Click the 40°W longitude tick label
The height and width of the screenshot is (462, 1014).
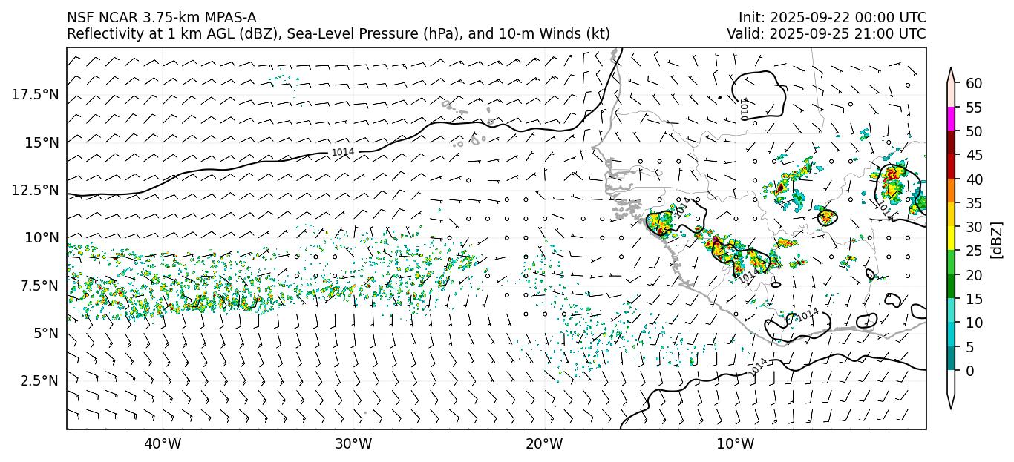[x=162, y=444]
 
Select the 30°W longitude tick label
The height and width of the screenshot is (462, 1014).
[x=353, y=444]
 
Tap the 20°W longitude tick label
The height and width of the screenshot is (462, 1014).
[x=544, y=444]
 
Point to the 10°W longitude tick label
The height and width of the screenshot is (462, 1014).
[x=736, y=444]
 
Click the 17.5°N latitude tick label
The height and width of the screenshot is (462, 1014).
[x=36, y=94]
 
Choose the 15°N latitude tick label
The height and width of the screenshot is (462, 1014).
[x=42, y=142]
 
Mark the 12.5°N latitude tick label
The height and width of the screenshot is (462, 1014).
[x=36, y=190]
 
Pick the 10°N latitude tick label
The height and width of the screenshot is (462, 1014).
[x=42, y=237]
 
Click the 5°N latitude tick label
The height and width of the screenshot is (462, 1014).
[x=45, y=333]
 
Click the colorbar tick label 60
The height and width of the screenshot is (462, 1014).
[x=974, y=83]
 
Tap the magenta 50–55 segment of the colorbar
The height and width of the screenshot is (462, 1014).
[x=952, y=119]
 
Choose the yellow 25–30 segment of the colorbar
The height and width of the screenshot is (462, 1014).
[x=952, y=239]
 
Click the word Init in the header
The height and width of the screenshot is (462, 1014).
[x=751, y=18]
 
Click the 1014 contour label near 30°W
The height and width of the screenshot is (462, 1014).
[x=342, y=152]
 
